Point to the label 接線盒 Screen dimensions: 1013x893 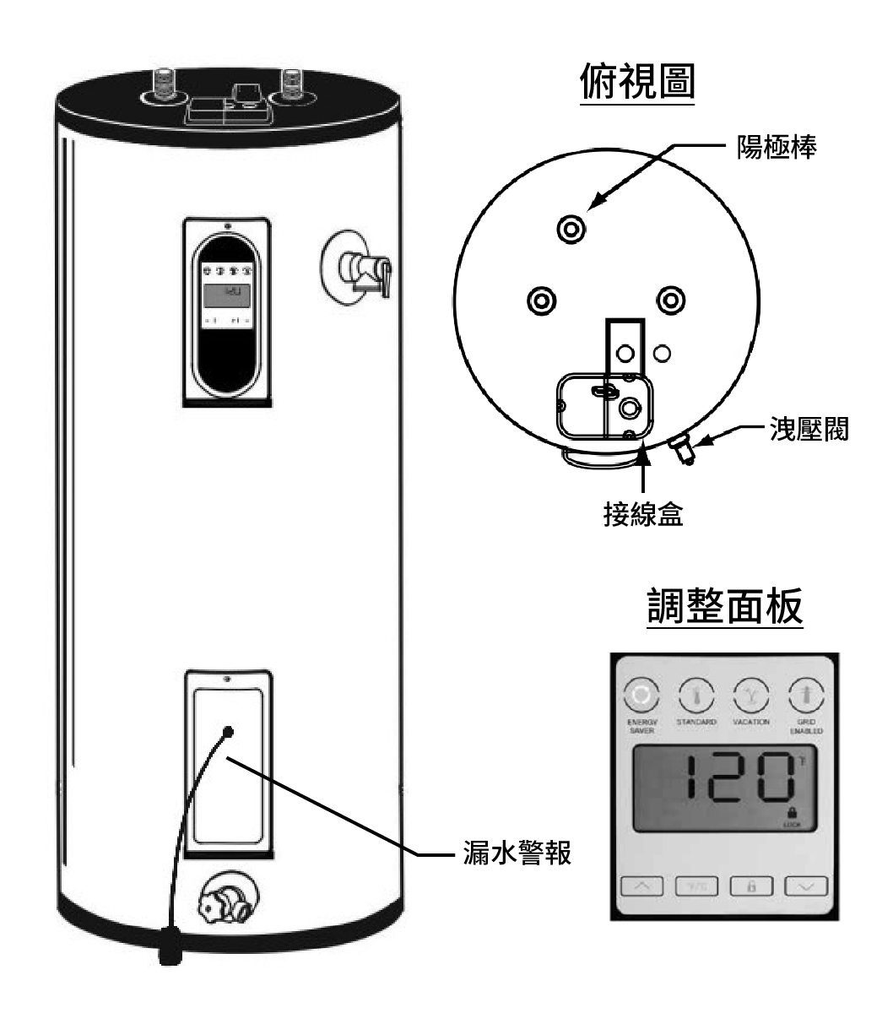643,514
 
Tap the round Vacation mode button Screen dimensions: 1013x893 750,697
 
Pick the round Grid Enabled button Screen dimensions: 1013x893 805,697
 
